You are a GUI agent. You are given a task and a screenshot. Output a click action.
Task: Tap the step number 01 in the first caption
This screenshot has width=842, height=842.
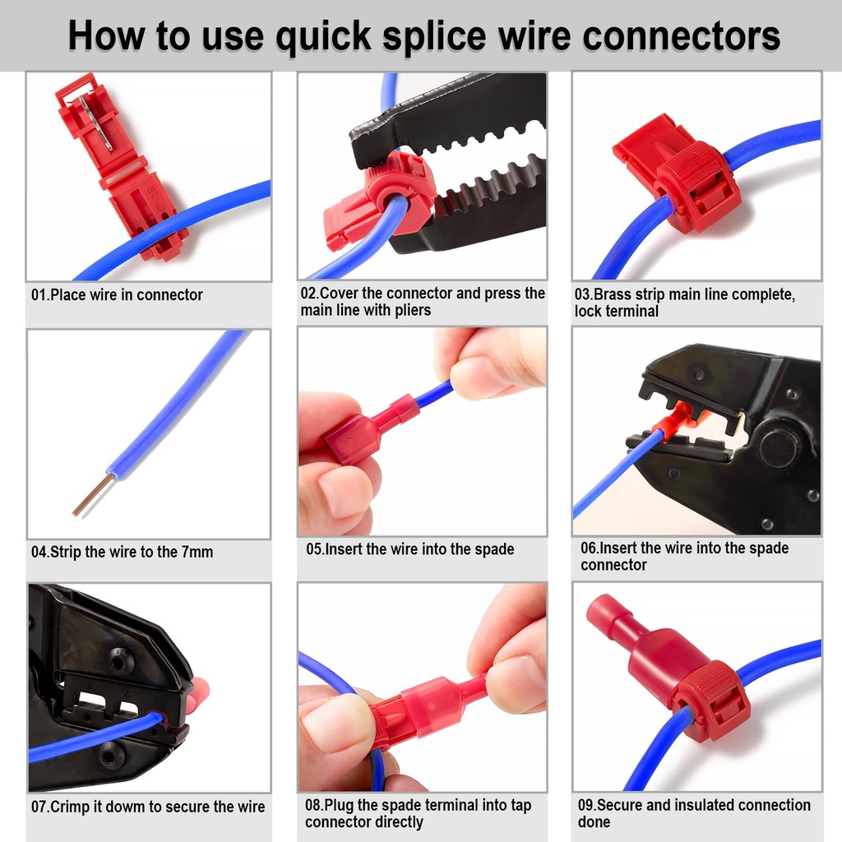click(39, 294)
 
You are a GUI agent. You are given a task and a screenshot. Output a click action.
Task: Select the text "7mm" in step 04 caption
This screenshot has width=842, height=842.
click(197, 552)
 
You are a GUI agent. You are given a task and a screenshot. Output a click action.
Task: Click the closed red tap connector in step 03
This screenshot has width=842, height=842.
click(682, 177)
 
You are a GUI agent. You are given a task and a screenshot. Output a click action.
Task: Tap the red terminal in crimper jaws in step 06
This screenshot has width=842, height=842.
click(674, 423)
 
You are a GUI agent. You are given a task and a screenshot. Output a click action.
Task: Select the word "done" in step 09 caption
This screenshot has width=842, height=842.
click(594, 822)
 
